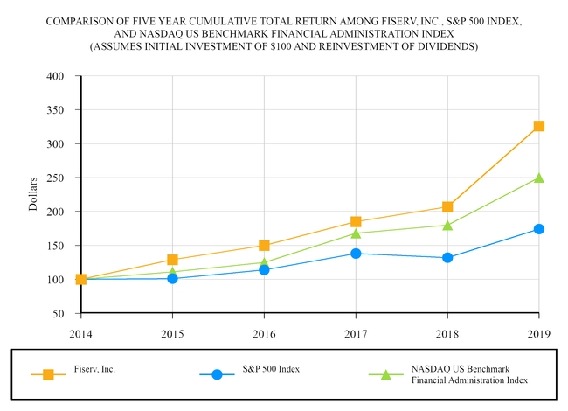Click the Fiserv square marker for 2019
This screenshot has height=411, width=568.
[x=539, y=126]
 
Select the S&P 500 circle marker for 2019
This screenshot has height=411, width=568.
[x=539, y=229]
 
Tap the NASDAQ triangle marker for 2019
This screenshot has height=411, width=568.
[x=539, y=178]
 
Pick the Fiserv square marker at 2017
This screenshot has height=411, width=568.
[x=356, y=222]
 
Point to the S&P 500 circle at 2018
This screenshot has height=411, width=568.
[x=447, y=258]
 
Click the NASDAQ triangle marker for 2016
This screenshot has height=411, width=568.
[x=264, y=262]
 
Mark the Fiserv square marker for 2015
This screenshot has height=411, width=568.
[x=172, y=260]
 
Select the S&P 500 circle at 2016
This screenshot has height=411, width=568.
[x=264, y=269]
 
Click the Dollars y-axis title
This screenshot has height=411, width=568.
[x=33, y=194]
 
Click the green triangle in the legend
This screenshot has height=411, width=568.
[x=384, y=374]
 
